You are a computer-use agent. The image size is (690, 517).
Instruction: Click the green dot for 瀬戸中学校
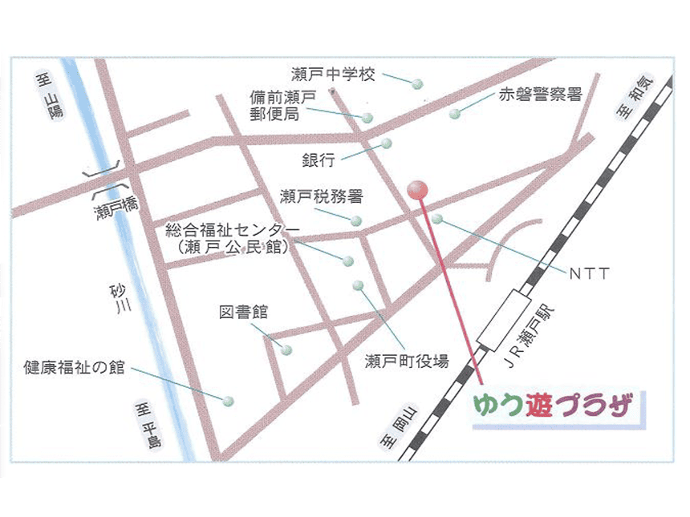point(417,83)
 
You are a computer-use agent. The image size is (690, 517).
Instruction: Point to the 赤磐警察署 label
point(540,95)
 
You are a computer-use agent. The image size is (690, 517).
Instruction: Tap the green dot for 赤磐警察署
point(455,114)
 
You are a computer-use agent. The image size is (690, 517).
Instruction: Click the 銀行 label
point(319,160)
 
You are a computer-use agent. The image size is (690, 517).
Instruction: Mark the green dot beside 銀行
point(386,143)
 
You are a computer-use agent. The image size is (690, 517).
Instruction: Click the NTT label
point(590,274)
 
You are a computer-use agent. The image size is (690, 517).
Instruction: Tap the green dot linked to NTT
point(436,218)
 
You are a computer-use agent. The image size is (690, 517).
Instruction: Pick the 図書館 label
point(243,312)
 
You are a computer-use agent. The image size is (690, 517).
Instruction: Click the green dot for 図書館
point(286,349)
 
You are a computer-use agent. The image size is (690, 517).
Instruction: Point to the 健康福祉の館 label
point(74,368)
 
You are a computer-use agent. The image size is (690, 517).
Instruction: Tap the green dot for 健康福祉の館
point(228,400)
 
